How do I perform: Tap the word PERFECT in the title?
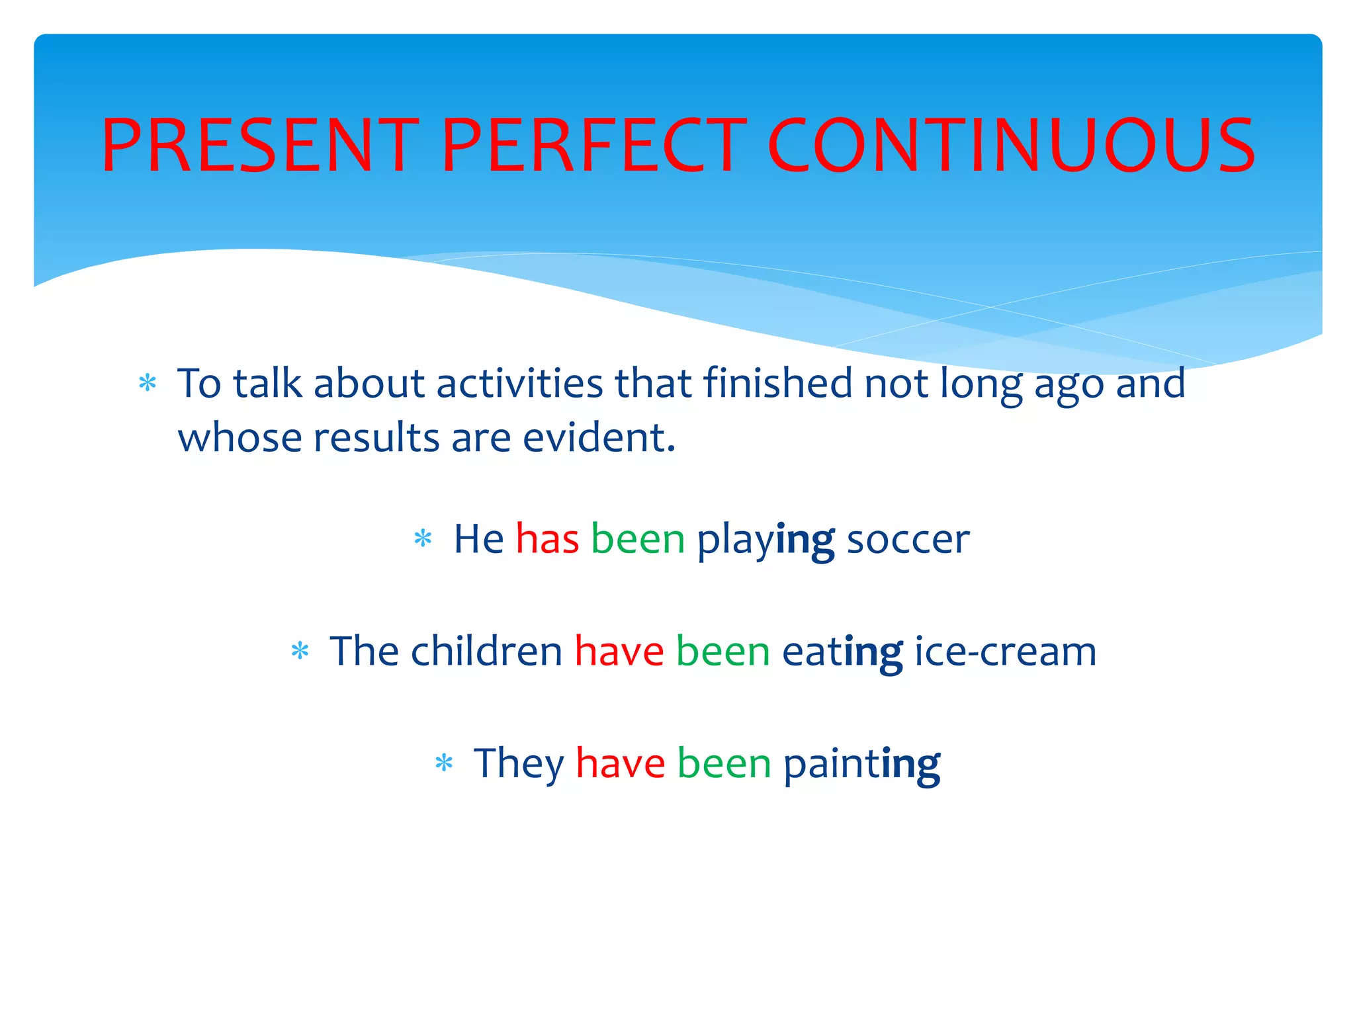594,146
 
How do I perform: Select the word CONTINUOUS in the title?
1010,146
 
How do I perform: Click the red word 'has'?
547,538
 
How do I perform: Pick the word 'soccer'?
908,540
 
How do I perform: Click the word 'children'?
486,651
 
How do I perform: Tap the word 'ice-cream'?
1005,652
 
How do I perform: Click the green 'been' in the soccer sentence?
638,539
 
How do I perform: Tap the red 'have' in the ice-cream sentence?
619,652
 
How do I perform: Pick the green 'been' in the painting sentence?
724,764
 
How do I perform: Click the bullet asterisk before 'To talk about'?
148,383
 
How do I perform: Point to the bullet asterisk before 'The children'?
300,651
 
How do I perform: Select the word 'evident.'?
599,438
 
